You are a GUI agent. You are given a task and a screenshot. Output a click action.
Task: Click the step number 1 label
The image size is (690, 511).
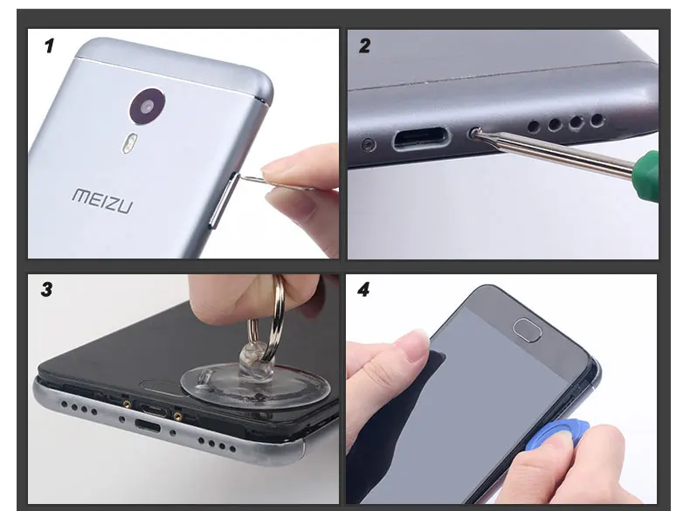coord(49,46)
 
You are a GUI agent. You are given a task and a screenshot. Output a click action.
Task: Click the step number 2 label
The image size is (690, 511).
coord(364,46)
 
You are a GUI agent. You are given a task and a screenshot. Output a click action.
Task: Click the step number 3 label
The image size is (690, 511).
coord(46,289)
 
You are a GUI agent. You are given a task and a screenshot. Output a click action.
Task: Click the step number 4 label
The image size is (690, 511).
coord(363,289)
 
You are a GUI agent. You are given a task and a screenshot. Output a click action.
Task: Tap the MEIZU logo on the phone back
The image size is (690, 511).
coord(102,198)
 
